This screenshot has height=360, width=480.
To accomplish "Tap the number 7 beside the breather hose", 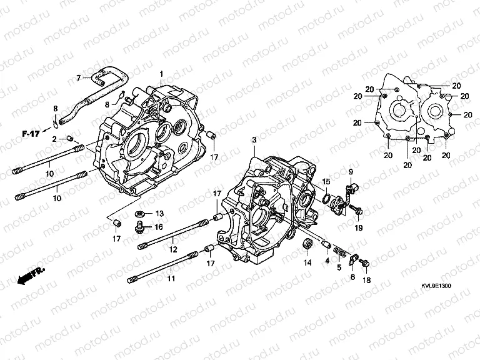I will [79, 78].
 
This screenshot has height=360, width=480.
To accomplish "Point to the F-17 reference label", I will [29, 134].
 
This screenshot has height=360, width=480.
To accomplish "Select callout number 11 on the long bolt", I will [171, 278].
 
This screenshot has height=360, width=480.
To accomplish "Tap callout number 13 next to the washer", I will [159, 213].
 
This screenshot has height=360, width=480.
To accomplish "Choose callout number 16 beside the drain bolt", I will [159, 227].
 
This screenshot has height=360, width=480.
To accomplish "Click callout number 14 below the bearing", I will [307, 263].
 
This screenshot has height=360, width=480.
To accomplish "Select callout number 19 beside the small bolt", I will [359, 229].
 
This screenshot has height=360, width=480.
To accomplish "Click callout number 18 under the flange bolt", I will [367, 281].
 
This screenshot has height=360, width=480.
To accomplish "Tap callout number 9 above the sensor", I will [351, 172].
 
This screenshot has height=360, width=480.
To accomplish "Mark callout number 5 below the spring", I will [339, 267].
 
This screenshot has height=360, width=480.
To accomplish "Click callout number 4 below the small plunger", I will [327, 260].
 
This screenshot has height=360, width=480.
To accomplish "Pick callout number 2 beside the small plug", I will [55, 138].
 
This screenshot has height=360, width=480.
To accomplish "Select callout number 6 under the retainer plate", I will [352, 277].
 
